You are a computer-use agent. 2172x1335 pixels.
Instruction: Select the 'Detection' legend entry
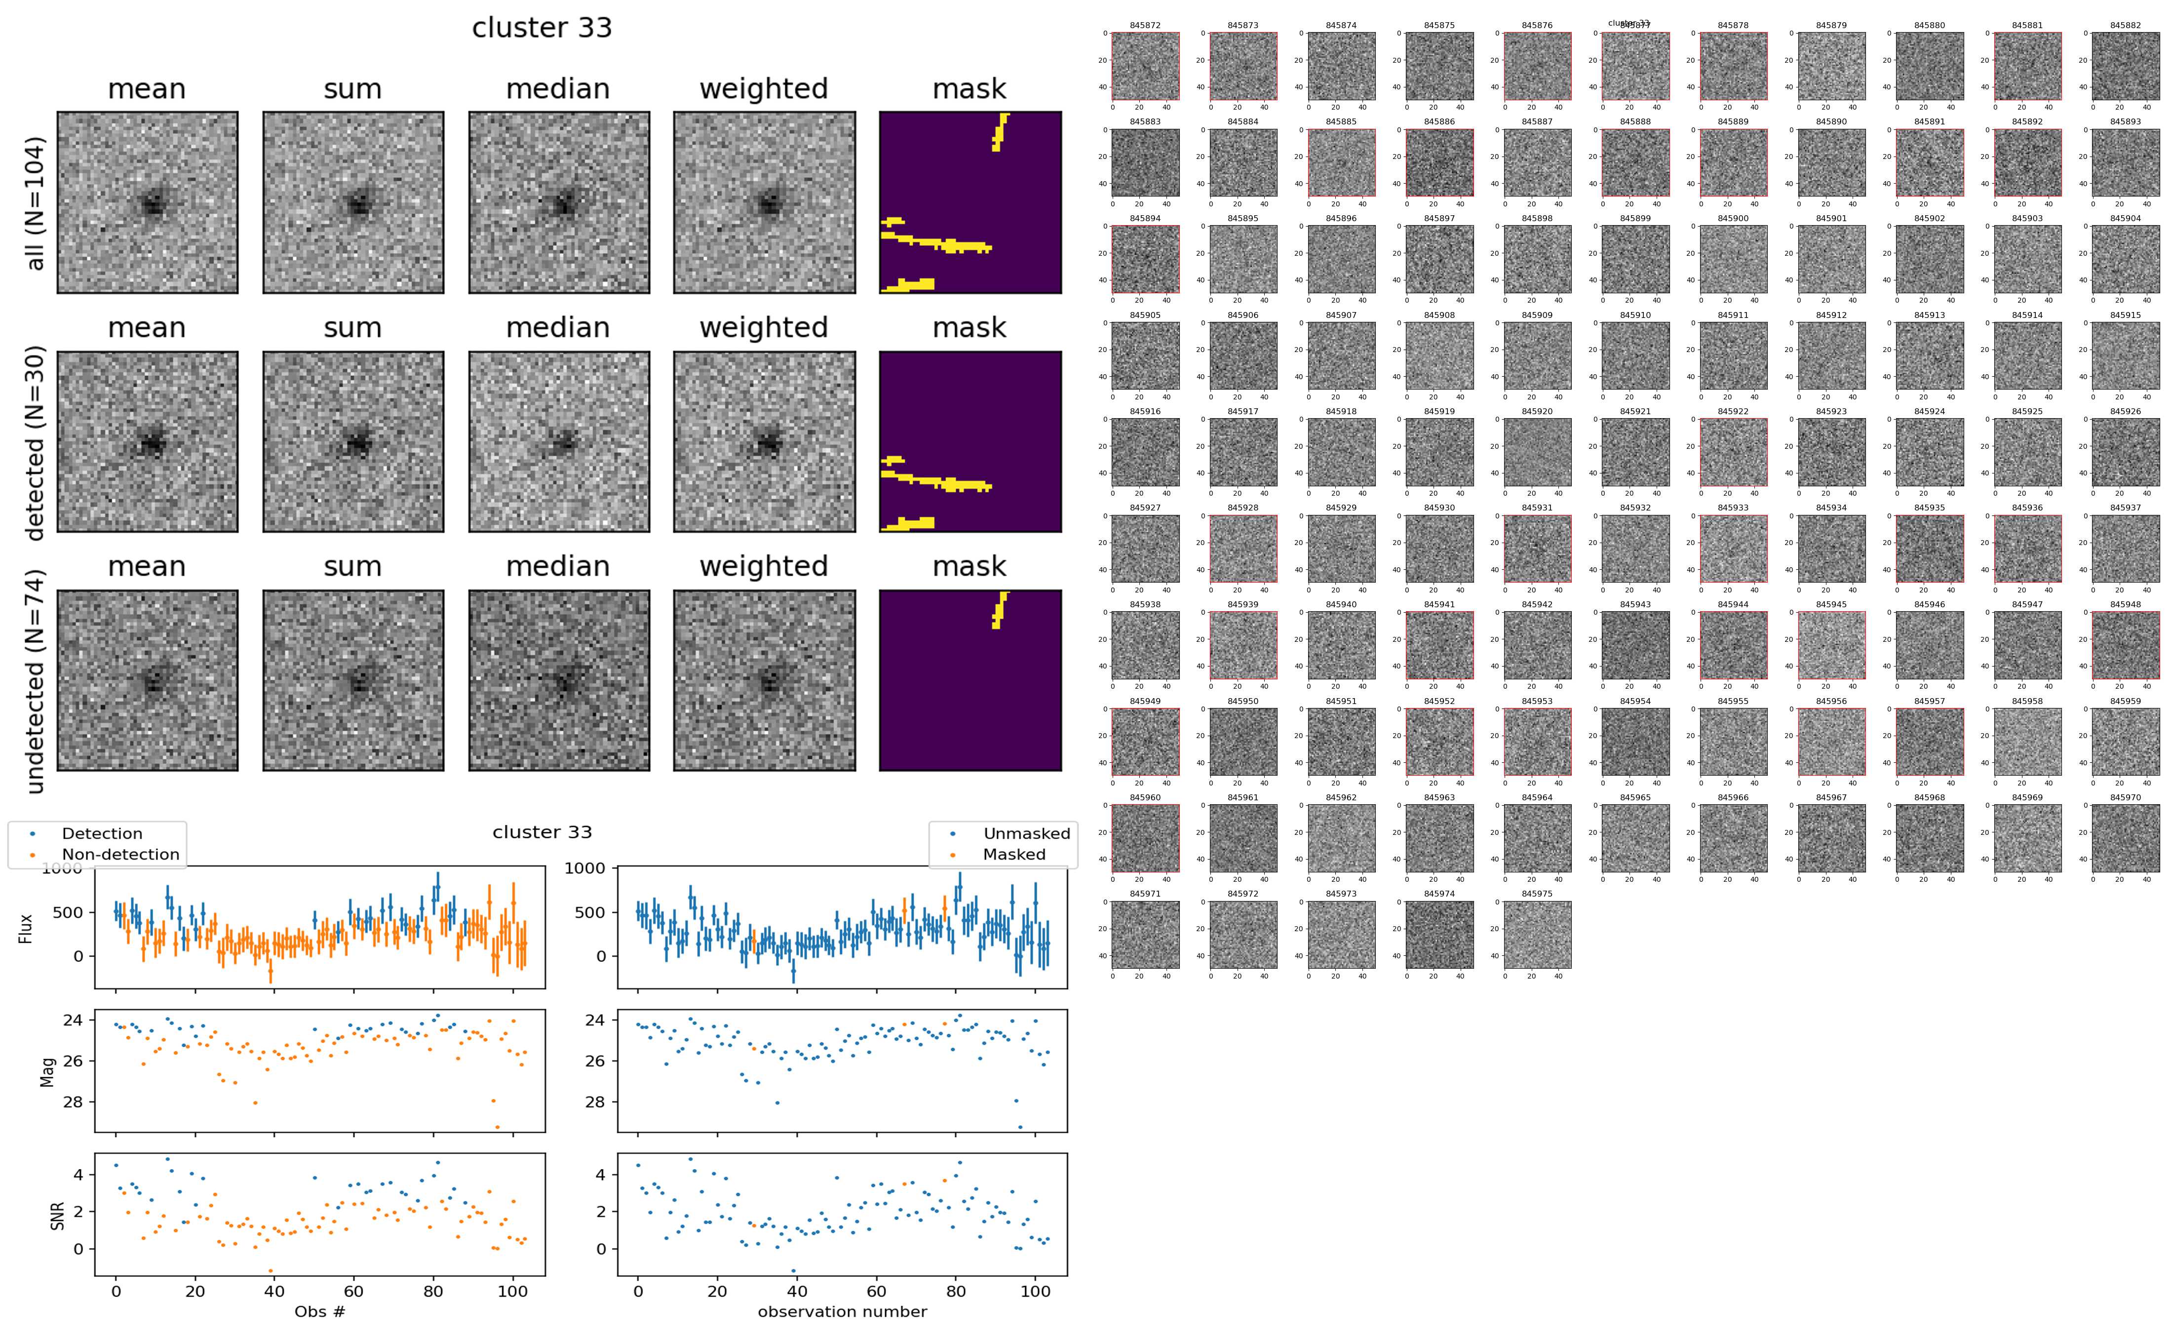click(102, 833)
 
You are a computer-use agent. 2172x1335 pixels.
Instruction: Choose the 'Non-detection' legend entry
click(120, 855)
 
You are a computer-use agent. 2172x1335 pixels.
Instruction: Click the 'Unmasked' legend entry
click(1026, 833)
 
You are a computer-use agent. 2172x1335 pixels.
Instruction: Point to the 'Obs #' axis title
click(319, 1311)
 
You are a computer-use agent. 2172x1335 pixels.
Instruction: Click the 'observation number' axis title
click(842, 1311)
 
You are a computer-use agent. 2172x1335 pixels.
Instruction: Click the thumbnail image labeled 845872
click(1145, 66)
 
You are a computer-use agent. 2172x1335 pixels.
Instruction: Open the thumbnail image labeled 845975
click(1537, 934)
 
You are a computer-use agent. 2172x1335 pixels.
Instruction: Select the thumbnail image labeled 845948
click(2125, 645)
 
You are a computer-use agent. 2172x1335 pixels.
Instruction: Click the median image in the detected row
click(559, 441)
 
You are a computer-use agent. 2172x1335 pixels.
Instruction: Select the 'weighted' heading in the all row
click(764, 89)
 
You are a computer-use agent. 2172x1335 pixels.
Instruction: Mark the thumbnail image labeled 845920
click(1537, 452)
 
